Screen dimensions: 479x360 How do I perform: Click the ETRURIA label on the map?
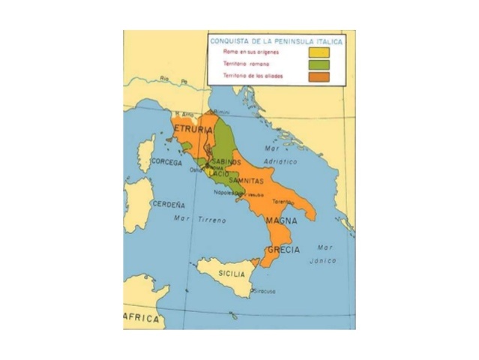pyautogui.click(x=193, y=130)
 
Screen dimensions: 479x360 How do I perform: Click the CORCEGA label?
pyautogui.click(x=166, y=162)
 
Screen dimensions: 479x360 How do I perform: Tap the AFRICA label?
pyautogui.click(x=142, y=319)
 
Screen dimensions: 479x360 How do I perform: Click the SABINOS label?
pyautogui.click(x=227, y=162)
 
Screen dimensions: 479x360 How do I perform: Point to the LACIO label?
pyautogui.click(x=218, y=173)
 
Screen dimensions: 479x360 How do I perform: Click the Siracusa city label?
pyautogui.click(x=264, y=290)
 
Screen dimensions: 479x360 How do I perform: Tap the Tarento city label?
pyautogui.click(x=282, y=202)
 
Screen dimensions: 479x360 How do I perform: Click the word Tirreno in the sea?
pyautogui.click(x=212, y=220)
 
